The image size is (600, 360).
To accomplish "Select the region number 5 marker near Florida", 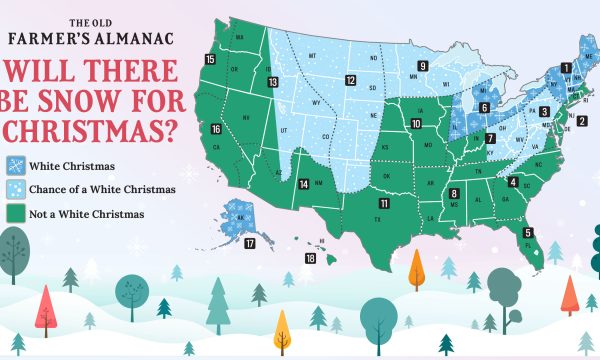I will (528, 232).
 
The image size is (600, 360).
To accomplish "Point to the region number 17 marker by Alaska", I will (251, 243).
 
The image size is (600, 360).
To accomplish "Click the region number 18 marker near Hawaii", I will (311, 259).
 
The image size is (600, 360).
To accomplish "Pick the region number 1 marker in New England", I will (566, 68).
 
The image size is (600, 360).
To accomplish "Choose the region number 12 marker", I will (351, 80).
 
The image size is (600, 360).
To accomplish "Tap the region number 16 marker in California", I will (217, 129).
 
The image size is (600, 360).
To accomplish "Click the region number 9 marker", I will (423, 66).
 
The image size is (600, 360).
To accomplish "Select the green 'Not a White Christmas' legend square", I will (16, 212).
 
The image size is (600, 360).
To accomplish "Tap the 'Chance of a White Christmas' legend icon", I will (16, 189).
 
